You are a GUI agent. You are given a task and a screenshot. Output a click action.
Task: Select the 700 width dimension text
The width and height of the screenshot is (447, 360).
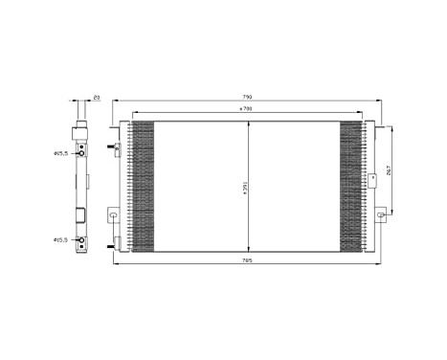click(246, 112)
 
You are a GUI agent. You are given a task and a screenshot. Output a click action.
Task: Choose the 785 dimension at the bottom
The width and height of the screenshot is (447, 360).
click(246, 260)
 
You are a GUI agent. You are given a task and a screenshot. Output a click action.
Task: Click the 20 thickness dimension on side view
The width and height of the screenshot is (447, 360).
click(97, 97)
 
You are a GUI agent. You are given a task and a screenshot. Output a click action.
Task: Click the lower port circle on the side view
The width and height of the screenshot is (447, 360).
click(82, 239)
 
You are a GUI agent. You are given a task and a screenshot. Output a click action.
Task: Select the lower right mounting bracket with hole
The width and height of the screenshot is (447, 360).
click(381, 216)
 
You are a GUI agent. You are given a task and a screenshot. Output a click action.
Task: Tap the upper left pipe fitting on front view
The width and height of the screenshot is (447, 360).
click(116, 148)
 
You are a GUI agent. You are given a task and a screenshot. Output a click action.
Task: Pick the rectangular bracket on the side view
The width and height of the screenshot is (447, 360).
click(83, 215)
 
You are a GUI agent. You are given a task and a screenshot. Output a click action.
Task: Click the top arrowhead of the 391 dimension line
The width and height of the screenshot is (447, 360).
click(250, 124)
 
